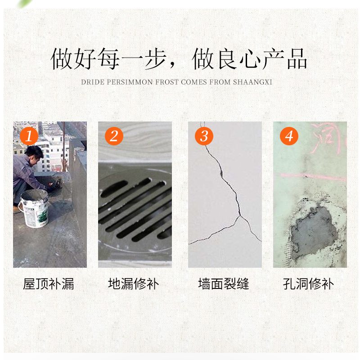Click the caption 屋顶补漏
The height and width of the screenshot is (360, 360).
click(49, 284)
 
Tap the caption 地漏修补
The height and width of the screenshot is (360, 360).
click(134, 284)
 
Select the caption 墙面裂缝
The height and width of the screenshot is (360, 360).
click(224, 284)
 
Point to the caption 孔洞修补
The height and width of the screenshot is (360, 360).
click(309, 284)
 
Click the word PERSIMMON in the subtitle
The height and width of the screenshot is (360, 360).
click(131, 82)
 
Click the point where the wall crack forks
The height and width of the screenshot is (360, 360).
click(239, 216)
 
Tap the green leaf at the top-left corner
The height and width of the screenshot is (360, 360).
click(22, 4)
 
